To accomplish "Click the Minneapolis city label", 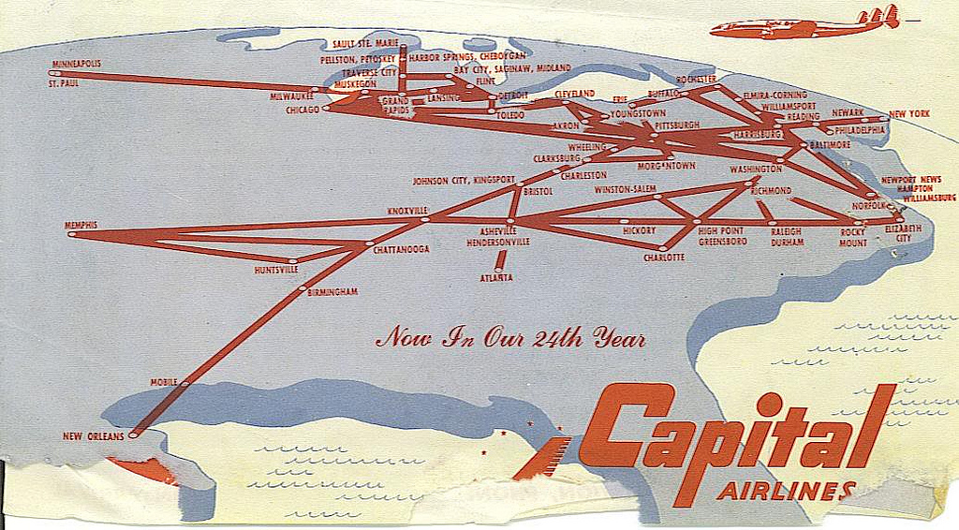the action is tap(78, 64).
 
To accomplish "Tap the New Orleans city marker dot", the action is tap(133, 434).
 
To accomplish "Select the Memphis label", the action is tap(81, 225).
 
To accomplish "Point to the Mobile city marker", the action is tap(184, 383).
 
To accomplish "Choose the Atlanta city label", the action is tap(496, 278).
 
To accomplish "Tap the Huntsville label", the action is tap(276, 270).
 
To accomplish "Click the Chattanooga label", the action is tap(401, 250).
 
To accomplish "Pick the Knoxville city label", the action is tap(407, 211).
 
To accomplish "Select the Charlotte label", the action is tap(664, 258).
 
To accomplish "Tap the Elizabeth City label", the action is tap(903, 233).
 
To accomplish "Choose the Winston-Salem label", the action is tap(626, 190).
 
